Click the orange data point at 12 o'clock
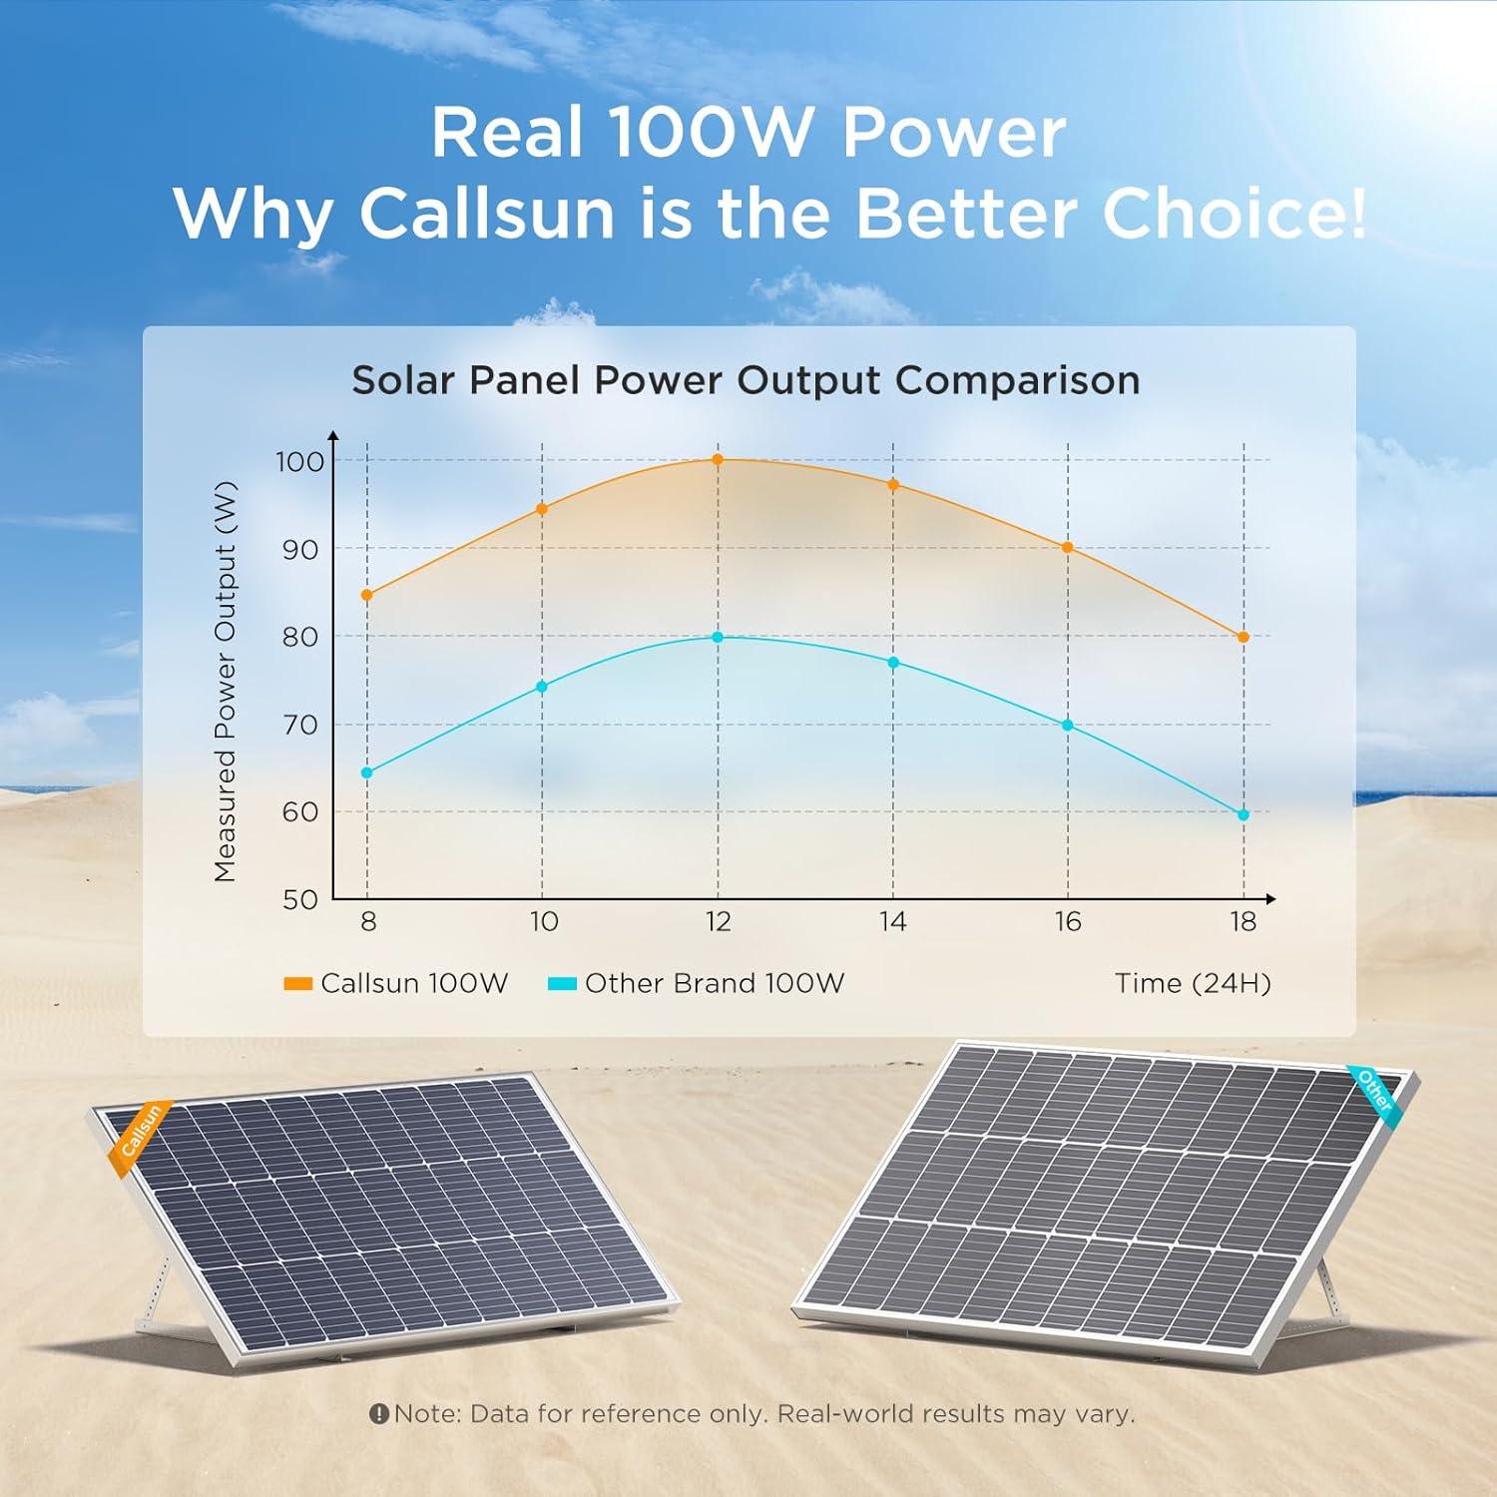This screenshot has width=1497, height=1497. pyautogui.click(x=718, y=460)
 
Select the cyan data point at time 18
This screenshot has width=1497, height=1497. pyautogui.click(x=1244, y=815)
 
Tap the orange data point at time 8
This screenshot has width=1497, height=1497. pyautogui.click(x=367, y=596)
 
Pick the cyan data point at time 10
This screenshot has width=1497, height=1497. pyautogui.click(x=542, y=687)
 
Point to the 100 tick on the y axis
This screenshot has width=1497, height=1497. pyautogui.click(x=299, y=462)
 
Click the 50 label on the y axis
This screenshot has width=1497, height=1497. pyautogui.click(x=299, y=900)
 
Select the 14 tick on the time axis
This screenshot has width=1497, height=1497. pyautogui.click(x=893, y=921)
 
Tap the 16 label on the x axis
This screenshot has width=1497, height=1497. pyautogui.click(x=1068, y=921)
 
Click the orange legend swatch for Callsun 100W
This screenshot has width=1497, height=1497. pyautogui.click(x=298, y=984)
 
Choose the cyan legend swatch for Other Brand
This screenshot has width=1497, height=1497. pyautogui.click(x=563, y=984)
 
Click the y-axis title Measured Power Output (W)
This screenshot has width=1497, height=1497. pyautogui.click(x=226, y=682)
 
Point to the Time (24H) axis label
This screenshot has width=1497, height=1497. pyautogui.click(x=1193, y=984)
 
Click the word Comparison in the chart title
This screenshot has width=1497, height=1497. pyautogui.click(x=1017, y=381)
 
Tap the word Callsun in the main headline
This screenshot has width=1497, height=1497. pyautogui.click(x=487, y=213)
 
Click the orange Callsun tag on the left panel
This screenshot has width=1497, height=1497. pyautogui.click(x=141, y=1134)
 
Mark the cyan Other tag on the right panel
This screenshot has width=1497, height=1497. pyautogui.click(x=1377, y=1090)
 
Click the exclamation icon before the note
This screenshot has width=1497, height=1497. pyautogui.click(x=378, y=1414)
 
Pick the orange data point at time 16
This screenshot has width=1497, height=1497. pyautogui.click(x=1068, y=548)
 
